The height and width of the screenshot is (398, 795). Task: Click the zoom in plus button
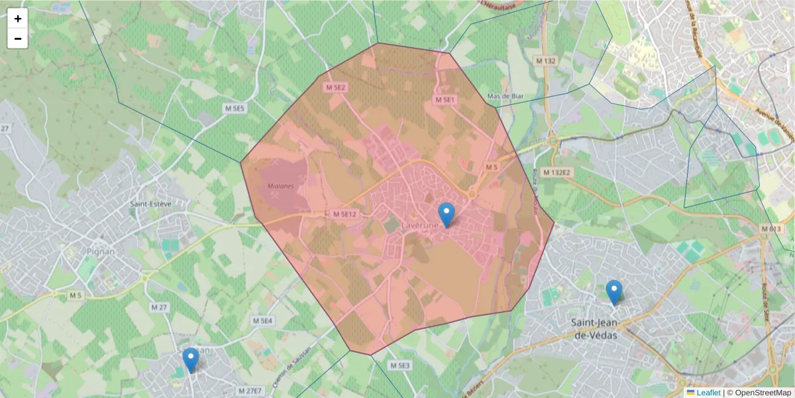[17, 19]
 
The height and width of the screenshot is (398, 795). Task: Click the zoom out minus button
[17, 38]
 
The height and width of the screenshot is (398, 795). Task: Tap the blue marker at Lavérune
[447, 214]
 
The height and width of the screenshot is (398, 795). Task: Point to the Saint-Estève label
[150, 204]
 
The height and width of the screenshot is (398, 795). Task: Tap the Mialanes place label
[281, 186]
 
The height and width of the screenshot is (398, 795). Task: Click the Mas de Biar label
[505, 96]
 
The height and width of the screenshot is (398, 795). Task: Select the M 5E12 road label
[344, 214]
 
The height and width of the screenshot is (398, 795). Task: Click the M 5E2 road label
[336, 88]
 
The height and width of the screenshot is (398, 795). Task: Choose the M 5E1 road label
[445, 99]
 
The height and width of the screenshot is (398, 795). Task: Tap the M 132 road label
[545, 61]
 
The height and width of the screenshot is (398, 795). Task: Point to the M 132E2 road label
[556, 172]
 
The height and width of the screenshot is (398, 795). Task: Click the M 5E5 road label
[234, 108]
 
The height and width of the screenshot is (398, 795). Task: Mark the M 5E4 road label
[262, 320]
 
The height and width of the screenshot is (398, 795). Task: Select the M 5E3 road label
[400, 365]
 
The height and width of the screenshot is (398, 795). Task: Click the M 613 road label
[770, 229]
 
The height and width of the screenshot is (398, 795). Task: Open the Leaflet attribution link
[708, 393]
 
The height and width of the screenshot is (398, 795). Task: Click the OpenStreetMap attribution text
[759, 393]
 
